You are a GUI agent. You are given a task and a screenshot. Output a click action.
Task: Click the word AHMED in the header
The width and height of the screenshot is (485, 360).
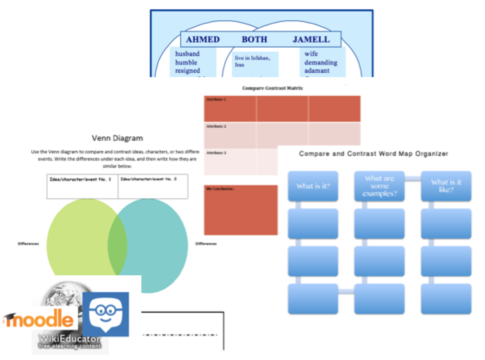coord(203,40)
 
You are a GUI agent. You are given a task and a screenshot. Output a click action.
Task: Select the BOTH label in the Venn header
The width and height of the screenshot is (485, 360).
coord(254,40)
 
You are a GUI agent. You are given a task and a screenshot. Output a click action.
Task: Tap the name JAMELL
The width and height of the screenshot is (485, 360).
coord(311,40)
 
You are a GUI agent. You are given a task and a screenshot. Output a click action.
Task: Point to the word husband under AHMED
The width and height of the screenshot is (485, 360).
coord(187,54)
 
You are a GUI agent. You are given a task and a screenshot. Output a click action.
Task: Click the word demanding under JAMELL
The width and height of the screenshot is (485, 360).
coord(321,62)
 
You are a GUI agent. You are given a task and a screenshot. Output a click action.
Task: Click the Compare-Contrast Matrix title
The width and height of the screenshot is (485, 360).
coord(273,89)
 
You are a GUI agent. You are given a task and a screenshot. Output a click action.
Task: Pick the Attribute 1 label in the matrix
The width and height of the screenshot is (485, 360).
coord(217,100)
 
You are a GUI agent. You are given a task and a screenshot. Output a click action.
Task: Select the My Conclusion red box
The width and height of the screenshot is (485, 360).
coord(240,210)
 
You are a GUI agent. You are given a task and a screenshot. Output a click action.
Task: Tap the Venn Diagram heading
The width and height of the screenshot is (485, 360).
coord(117,138)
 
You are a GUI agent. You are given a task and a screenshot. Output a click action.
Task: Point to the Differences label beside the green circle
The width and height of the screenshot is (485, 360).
coord(28,244)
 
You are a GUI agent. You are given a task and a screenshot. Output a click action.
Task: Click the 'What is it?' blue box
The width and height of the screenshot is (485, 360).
coord(313,186)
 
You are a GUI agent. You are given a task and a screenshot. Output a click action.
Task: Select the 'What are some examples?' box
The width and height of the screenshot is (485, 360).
coord(379,186)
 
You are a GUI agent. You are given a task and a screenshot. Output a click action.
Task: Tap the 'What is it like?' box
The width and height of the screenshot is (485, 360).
coord(446,186)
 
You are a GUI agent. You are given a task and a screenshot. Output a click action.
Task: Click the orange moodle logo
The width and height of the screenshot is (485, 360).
coord(39,318)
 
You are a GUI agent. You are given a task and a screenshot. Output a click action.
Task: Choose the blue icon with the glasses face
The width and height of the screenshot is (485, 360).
coord(105,314)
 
